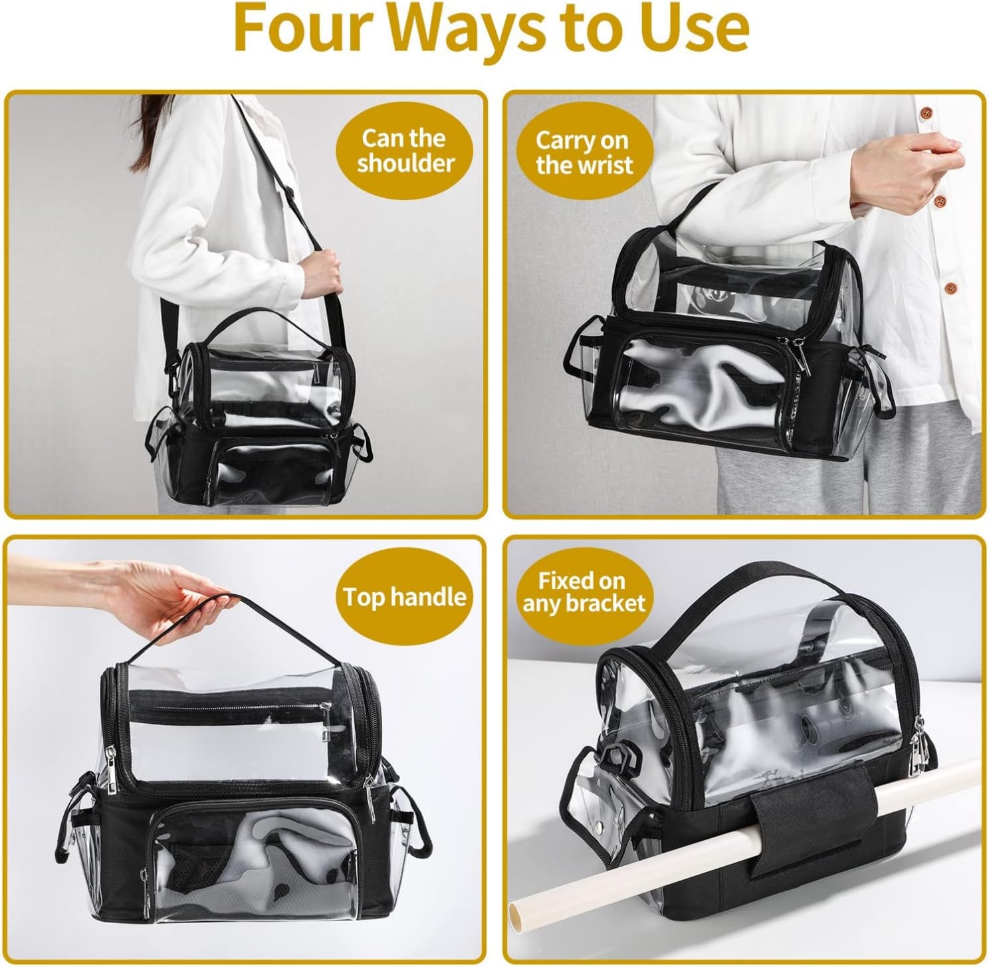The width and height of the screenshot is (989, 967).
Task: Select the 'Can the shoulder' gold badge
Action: point(405,150)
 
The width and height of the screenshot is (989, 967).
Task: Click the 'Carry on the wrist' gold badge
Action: point(584,152)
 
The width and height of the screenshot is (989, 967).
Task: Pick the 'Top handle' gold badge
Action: point(405,597)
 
